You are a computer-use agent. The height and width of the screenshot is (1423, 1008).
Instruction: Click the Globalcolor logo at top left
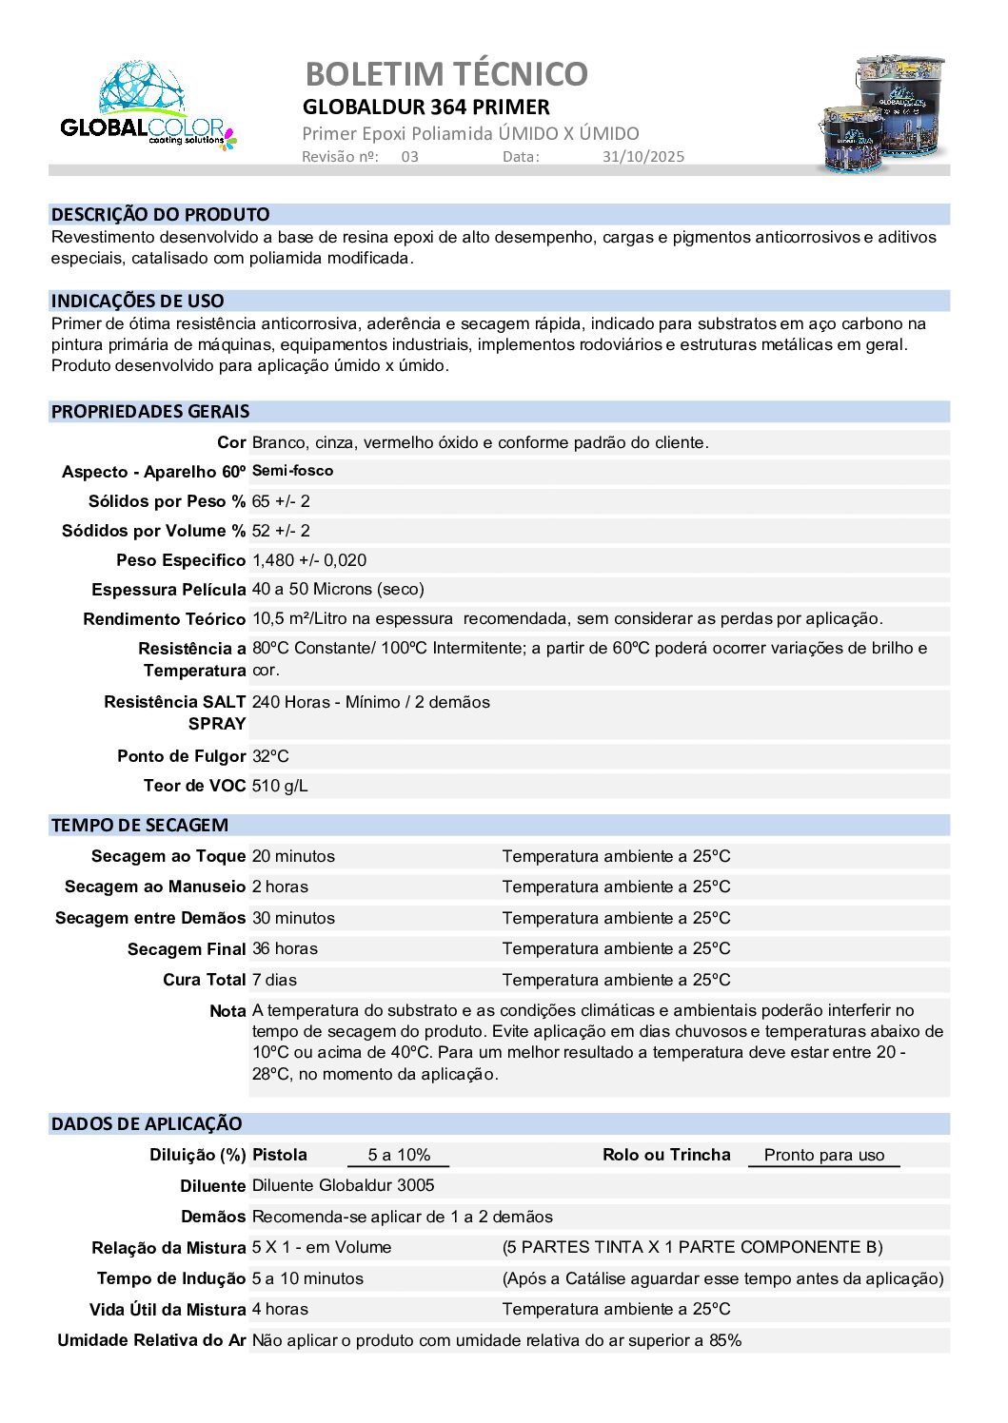point(148,107)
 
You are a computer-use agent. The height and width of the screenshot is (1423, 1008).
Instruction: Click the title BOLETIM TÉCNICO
point(446,73)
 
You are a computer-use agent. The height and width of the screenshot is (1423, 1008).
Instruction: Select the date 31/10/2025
point(642,157)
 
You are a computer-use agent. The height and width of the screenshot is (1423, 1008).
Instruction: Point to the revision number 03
point(409,157)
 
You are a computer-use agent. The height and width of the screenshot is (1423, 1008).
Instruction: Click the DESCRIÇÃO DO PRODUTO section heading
point(160,214)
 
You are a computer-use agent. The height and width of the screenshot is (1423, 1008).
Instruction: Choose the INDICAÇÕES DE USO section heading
point(138,301)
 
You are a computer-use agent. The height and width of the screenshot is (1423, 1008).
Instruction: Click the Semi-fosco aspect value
point(292,471)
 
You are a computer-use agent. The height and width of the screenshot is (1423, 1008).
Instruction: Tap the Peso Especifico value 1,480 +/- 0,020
point(309,560)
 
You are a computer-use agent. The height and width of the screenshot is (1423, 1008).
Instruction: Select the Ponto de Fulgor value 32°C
point(270,756)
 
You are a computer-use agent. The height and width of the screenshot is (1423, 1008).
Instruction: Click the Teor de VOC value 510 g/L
point(280,786)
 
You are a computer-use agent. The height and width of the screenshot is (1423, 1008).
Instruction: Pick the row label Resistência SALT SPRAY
point(175,712)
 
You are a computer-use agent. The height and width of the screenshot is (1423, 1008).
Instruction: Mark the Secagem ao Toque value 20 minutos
point(293,856)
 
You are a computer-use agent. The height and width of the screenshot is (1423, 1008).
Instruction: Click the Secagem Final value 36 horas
point(285,948)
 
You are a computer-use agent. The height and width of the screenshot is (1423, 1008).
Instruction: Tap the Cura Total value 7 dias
point(274,980)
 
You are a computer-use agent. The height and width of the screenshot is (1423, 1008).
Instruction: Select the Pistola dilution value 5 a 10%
point(399,1155)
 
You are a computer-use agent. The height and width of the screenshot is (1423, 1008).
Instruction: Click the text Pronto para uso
point(824,1155)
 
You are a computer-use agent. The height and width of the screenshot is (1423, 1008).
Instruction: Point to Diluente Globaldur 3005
point(343,1185)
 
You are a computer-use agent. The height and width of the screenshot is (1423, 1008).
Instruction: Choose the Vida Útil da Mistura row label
point(168,1310)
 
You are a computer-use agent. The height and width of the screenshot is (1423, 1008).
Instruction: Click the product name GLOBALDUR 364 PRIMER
point(426,107)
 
